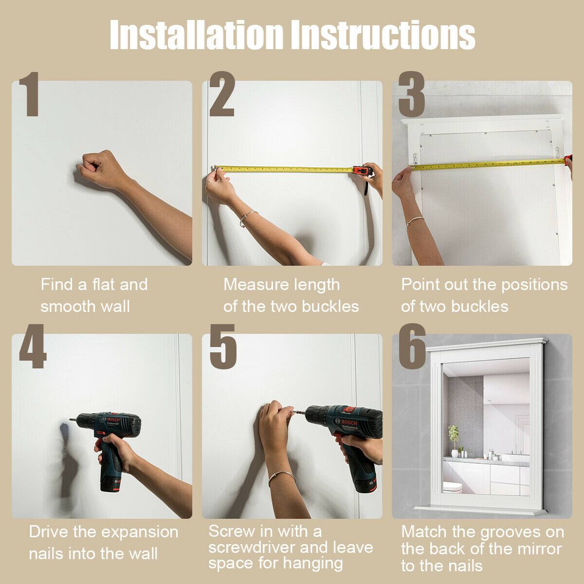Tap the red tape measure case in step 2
[x=362, y=171]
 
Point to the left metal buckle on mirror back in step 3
[x=415, y=158]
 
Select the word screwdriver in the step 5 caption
[x=251, y=548]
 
